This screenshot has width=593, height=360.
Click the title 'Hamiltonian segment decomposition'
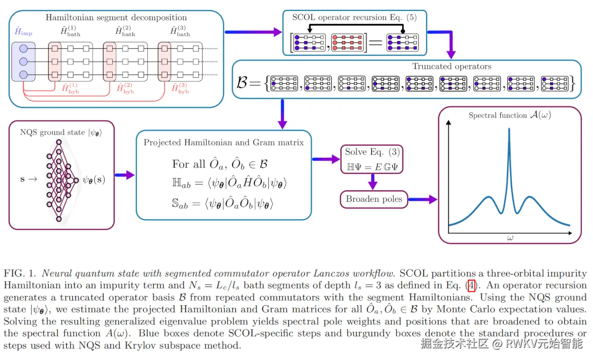pyautogui.click(x=116, y=18)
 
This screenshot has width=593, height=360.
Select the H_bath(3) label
pyautogui.click(x=180, y=31)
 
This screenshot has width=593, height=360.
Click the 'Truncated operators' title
pyautogui.click(x=452, y=66)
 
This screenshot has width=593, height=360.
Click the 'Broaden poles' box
pyautogui.click(x=374, y=199)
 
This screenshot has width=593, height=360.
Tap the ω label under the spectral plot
pyautogui.click(x=510, y=238)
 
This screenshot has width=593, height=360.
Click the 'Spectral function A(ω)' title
pyautogui.click(x=510, y=115)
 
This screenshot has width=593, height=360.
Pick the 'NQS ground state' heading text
pyautogui.click(x=61, y=133)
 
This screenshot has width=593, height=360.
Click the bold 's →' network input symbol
pyautogui.click(x=29, y=179)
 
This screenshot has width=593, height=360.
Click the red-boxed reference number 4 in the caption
pyautogui.click(x=472, y=286)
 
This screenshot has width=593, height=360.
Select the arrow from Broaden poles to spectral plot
pyautogui.click(x=422, y=199)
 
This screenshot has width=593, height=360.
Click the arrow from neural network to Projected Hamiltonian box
pyautogui.click(x=124, y=175)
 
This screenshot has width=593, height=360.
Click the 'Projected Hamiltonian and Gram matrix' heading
pyautogui.click(x=224, y=142)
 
